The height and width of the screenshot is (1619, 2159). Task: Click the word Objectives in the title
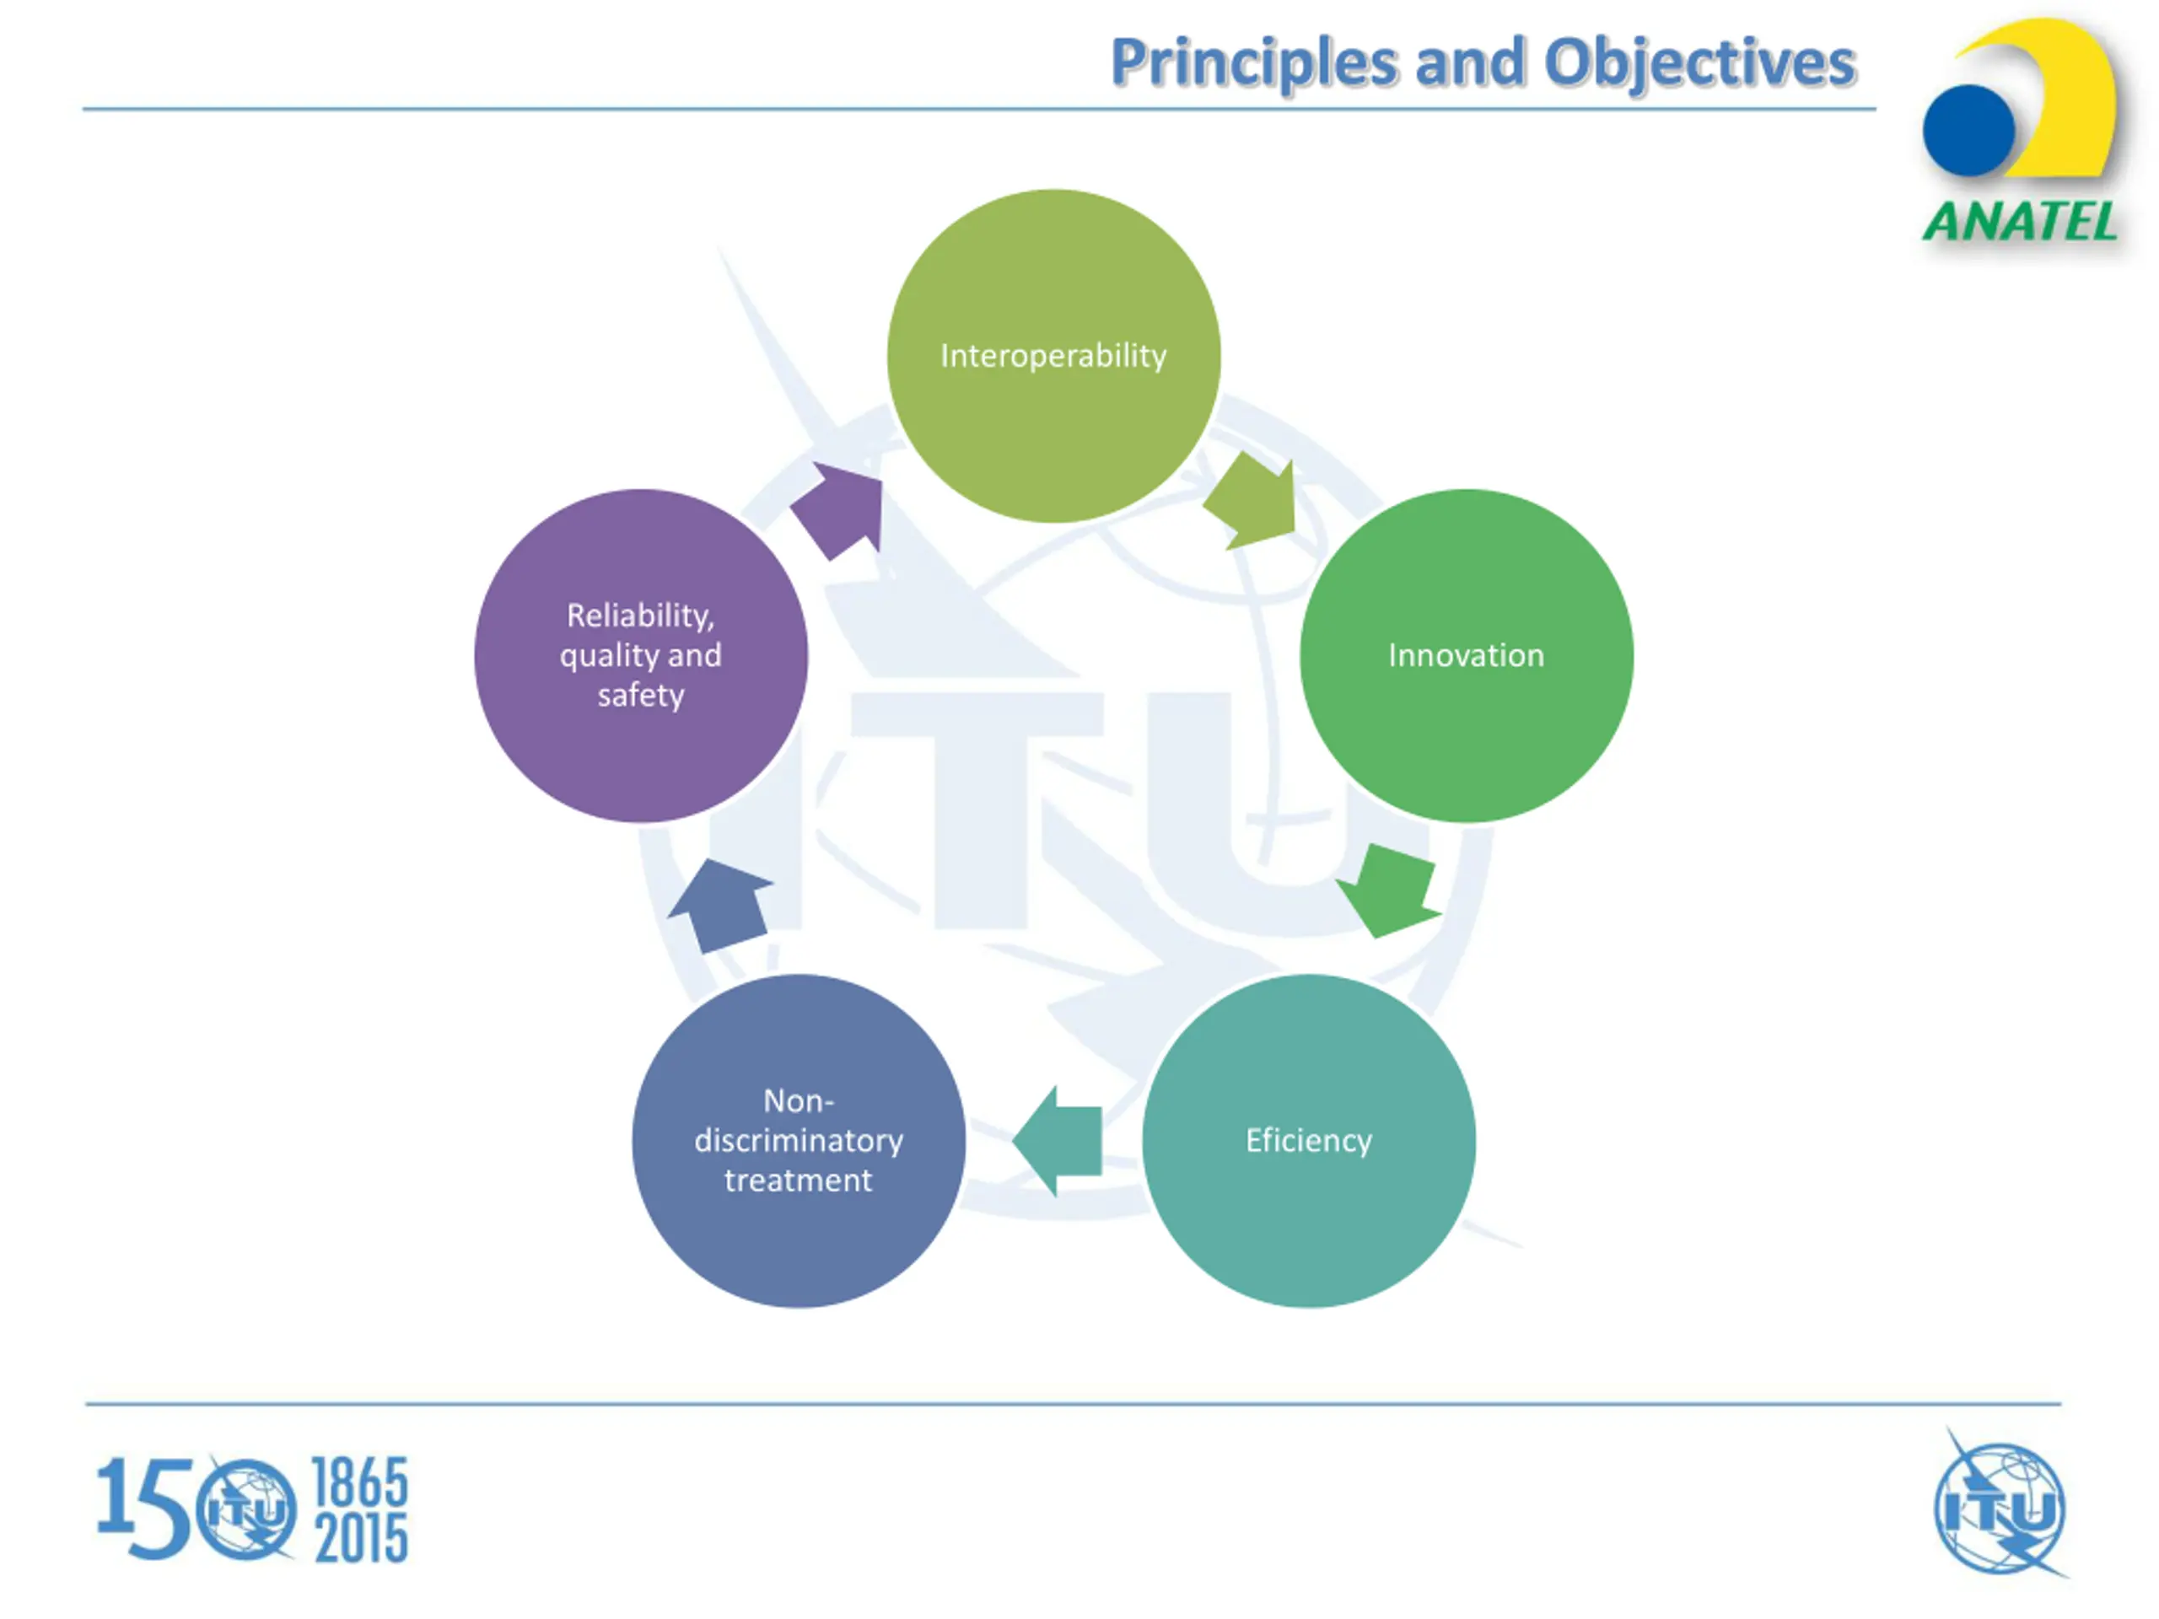pyautogui.click(x=1699, y=64)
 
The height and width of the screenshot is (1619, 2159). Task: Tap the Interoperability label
pyautogui.click(x=1053, y=356)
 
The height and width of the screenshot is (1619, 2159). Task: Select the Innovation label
pyautogui.click(x=1466, y=656)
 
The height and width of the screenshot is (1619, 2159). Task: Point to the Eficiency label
pyautogui.click(x=1308, y=1141)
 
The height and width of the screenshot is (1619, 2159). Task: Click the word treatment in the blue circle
pyautogui.click(x=799, y=1181)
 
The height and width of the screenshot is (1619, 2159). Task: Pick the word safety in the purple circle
pyautogui.click(x=640, y=696)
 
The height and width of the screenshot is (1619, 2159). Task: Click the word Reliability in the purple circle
pyautogui.click(x=639, y=616)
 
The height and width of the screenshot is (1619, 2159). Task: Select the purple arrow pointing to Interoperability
pyautogui.click(x=840, y=509)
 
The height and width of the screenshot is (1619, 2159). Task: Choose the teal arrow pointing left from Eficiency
pyautogui.click(x=1060, y=1141)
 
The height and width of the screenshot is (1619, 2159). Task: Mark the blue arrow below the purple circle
pyautogui.click(x=722, y=906)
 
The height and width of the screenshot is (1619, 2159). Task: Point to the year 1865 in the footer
pyautogui.click(x=359, y=1482)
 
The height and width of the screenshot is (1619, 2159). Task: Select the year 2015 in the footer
pyautogui.click(x=360, y=1539)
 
